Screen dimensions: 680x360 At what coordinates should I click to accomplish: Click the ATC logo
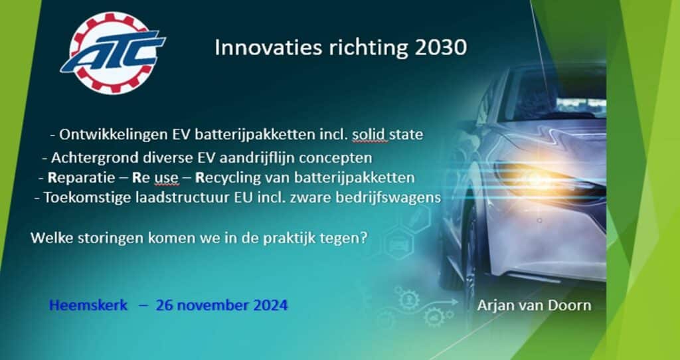pos(113,53)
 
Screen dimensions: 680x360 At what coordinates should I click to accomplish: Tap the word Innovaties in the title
pos(268,48)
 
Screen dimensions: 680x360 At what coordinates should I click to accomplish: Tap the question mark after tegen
pos(364,238)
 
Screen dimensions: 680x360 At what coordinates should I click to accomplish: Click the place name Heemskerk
pos(88,306)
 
